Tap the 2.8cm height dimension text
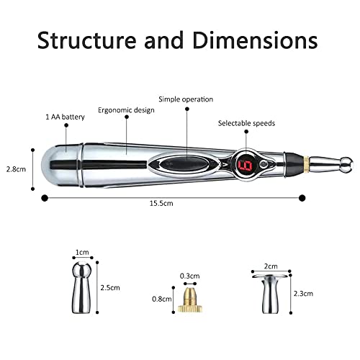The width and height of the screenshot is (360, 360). pyautogui.click(x=17, y=170)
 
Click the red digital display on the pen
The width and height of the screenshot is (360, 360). pyautogui.click(x=243, y=166)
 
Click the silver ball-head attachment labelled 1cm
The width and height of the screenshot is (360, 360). pyautogui.click(x=82, y=288)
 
